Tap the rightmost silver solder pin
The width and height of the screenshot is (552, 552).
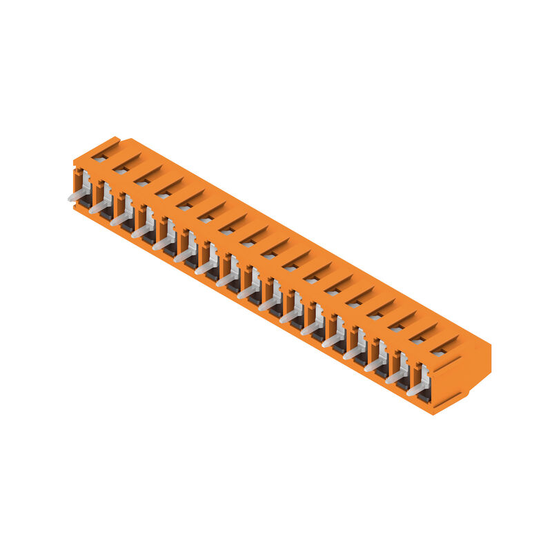(417, 389)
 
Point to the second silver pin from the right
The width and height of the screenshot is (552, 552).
(395, 377)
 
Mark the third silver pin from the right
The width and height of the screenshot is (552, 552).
(374, 365)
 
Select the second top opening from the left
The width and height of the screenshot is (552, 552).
(121, 170)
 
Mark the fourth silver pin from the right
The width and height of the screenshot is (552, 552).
(353, 353)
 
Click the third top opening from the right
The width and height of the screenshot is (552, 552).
(395, 328)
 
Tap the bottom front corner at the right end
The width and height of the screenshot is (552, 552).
(433, 413)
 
